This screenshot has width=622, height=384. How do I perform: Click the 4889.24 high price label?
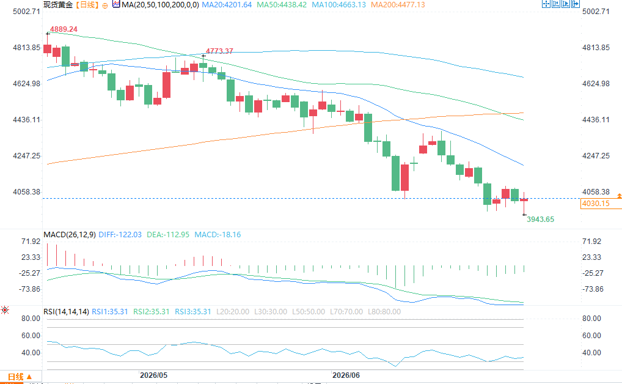tap(64, 29)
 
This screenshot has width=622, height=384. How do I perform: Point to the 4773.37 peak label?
tap(219, 51)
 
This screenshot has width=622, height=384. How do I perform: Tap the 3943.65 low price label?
tap(540, 219)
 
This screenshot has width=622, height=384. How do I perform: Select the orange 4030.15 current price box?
tap(596, 204)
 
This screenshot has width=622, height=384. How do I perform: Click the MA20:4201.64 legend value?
tap(227, 5)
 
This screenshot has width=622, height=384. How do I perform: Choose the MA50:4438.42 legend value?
tap(282, 5)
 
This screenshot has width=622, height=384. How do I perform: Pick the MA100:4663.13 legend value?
tap(338, 5)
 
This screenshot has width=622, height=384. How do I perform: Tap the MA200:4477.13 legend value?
tap(398, 5)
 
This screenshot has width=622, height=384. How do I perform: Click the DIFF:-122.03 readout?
tap(120, 235)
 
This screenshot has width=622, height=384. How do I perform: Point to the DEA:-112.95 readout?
tap(168, 235)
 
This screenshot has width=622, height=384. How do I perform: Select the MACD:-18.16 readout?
tap(218, 235)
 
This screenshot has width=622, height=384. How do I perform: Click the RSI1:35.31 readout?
tap(110, 312)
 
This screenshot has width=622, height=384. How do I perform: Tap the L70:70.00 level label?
tap(346, 312)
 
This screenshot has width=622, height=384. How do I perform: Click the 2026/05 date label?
tap(154, 375)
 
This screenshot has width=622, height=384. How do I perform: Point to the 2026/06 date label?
tap(346, 375)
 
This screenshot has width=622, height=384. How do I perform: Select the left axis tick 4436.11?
tap(26, 119)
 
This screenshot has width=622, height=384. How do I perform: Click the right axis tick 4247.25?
tap(596, 156)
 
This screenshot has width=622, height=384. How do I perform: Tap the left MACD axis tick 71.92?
tap(31, 242)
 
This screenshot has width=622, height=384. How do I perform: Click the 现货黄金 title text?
tap(58, 5)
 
